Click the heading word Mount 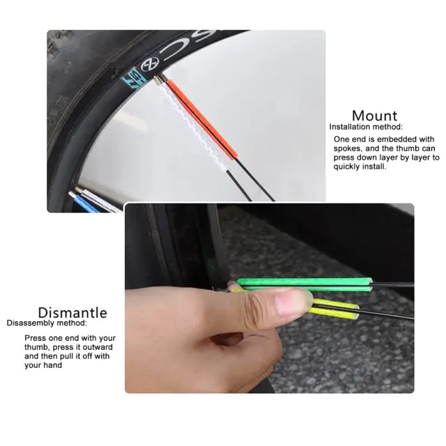(x=374, y=116)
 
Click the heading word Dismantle (x=72, y=313)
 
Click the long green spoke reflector (x=305, y=284)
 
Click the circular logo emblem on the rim (x=150, y=65)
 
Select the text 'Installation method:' (x=366, y=127)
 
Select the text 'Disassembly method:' (x=47, y=323)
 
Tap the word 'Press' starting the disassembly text (x=36, y=338)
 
